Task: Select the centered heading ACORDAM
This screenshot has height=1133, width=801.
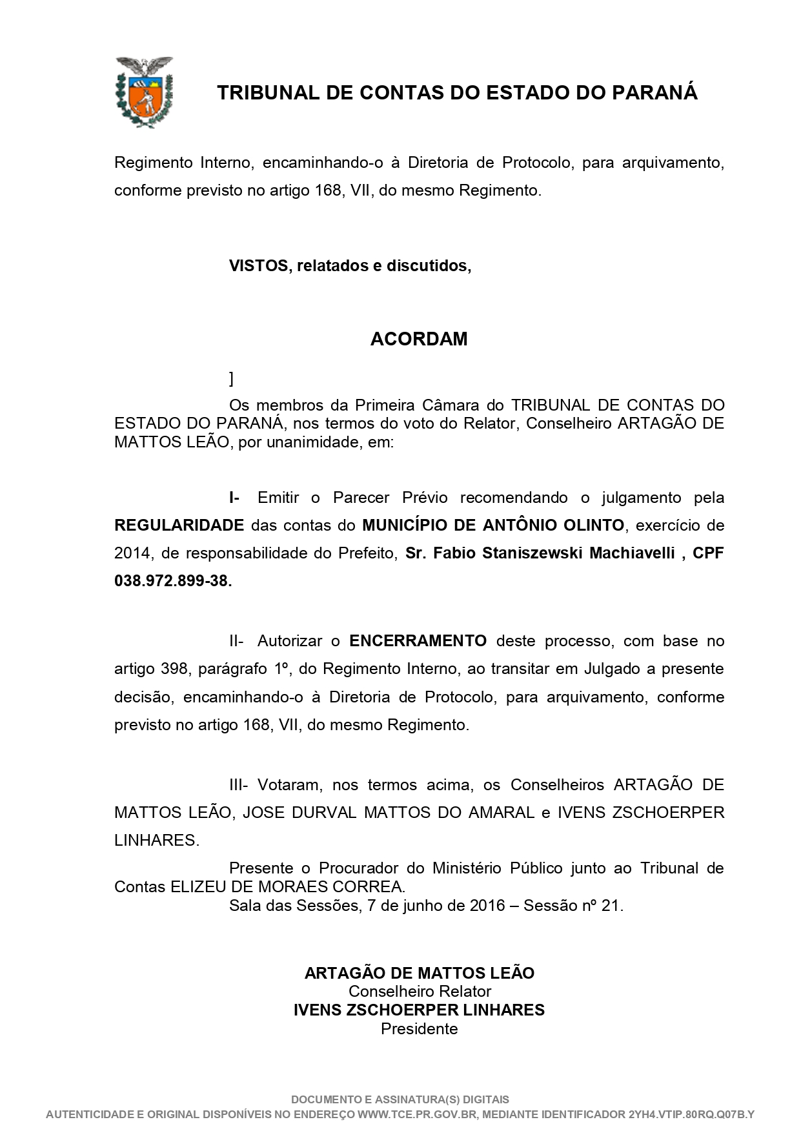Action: coord(419,339)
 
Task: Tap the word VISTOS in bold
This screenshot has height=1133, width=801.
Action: coord(258,266)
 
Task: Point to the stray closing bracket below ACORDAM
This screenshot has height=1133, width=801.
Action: coord(231,378)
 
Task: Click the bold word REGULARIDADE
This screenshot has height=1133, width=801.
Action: coord(179,526)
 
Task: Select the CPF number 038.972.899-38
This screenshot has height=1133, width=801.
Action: coord(172,581)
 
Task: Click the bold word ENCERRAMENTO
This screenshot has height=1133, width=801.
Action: coord(418,641)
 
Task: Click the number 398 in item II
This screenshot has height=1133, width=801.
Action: coord(174,669)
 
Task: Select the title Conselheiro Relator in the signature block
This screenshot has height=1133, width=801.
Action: coord(420,992)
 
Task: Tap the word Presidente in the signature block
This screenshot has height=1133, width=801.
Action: coord(419,1028)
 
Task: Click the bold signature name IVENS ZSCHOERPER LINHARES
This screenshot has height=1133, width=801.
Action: coord(419,1010)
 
